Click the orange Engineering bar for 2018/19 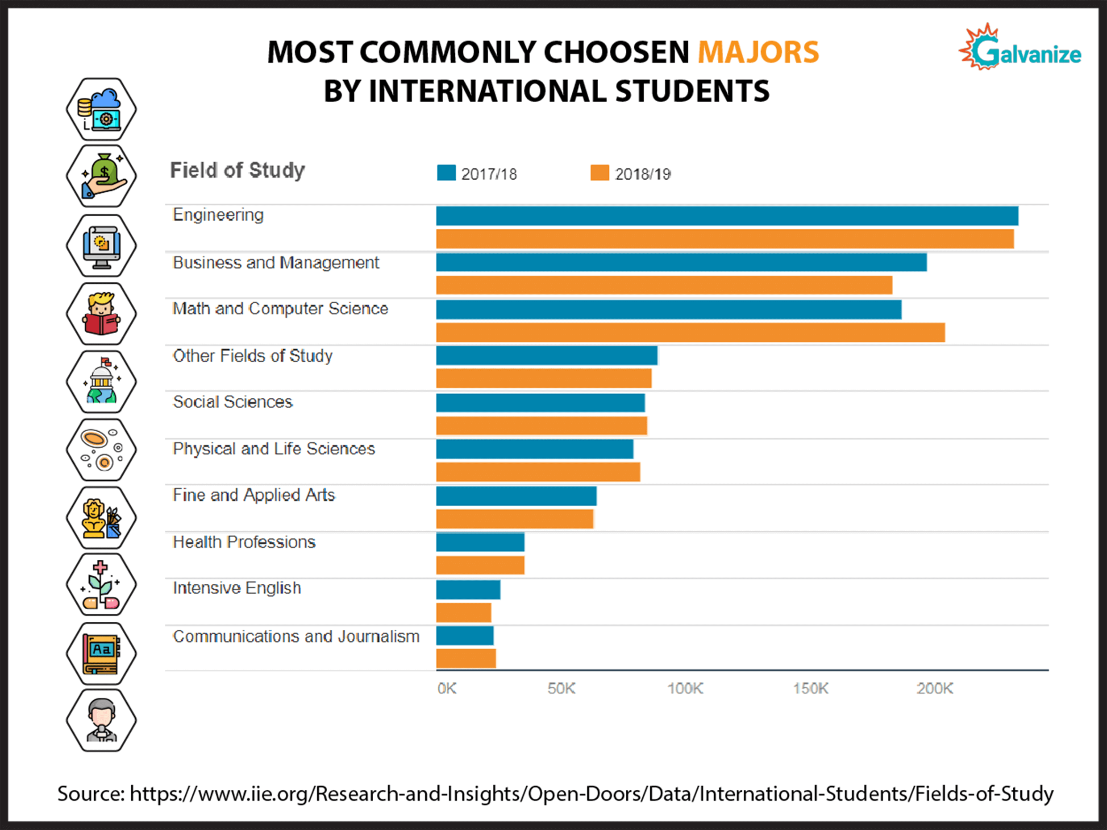[x=724, y=239]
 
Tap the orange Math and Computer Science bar [x=690, y=333]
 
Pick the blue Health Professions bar [x=480, y=542]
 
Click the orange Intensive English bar [x=463, y=612]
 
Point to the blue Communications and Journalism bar [x=464, y=636]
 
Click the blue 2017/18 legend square [x=446, y=173]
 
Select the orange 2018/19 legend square [x=599, y=173]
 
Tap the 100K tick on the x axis [x=685, y=689]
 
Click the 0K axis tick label [x=446, y=689]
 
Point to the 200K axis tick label [x=934, y=689]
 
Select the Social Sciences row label [x=233, y=402]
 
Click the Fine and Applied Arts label [x=254, y=495]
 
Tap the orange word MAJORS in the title [x=757, y=53]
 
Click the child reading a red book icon [x=102, y=314]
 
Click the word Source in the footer [x=90, y=794]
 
